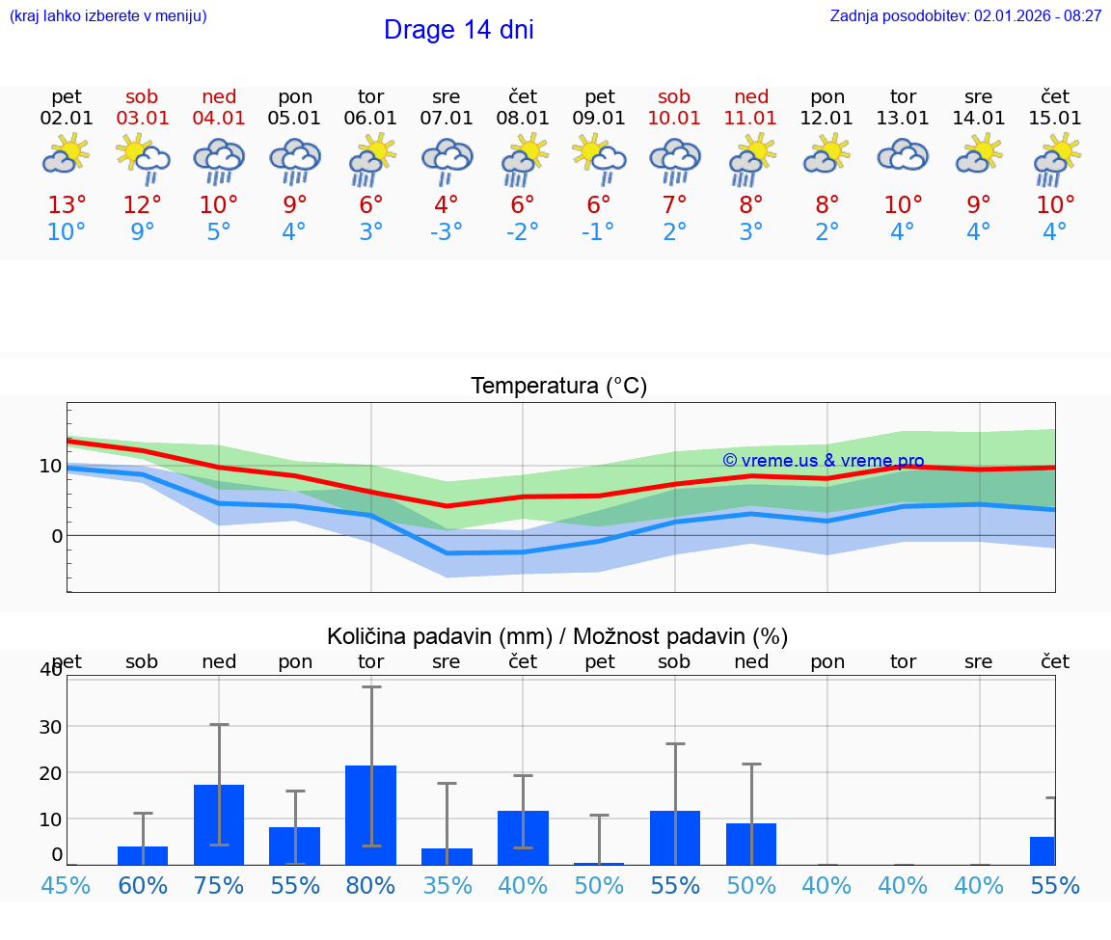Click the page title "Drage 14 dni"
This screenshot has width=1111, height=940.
click(458, 30)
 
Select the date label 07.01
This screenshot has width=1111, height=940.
click(447, 119)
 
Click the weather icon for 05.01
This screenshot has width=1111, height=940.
click(295, 160)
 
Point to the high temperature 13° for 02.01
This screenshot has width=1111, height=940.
click(67, 205)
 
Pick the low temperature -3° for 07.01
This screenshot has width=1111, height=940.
click(447, 232)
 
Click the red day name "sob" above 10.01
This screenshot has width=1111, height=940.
click(674, 97)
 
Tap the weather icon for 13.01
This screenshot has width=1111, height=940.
click(903, 156)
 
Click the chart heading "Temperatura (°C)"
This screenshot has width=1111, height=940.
click(558, 387)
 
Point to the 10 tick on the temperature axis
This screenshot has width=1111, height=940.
click(50, 467)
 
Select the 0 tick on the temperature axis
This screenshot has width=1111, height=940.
click(56, 536)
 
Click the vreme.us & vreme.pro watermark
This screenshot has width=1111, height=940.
click(823, 461)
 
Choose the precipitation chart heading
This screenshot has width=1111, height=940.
click(556, 636)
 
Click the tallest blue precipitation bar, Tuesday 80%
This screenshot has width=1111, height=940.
click(371, 815)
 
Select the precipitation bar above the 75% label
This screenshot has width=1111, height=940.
click(219, 824)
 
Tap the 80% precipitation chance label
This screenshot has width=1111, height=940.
click(371, 886)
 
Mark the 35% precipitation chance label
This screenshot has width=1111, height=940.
click(447, 886)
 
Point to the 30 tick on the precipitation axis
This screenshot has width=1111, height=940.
click(49, 726)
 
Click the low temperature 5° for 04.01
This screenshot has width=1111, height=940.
click(219, 232)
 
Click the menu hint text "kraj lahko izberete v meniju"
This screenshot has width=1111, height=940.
click(108, 16)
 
